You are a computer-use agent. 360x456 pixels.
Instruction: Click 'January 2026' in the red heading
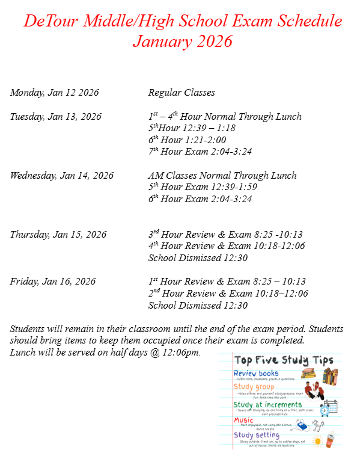point(182,42)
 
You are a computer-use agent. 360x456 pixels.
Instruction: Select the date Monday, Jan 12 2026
point(54,93)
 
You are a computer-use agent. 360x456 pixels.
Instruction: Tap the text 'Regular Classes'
point(182,93)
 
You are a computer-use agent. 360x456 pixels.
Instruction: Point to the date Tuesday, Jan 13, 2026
point(55,116)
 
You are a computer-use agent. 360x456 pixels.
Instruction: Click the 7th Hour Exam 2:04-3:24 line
point(200,151)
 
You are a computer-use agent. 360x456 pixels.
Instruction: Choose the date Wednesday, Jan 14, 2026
point(61,176)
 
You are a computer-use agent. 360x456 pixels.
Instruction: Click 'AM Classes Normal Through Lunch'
point(222,176)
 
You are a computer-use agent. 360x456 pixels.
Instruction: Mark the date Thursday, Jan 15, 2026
point(58,235)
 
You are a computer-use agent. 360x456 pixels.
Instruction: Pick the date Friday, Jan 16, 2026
point(52,282)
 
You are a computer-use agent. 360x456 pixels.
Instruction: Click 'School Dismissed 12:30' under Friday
point(198,305)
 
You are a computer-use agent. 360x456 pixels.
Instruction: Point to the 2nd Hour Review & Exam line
point(228,294)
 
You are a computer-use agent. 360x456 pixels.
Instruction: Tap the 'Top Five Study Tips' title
point(284,360)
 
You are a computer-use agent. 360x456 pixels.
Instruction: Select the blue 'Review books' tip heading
point(256,374)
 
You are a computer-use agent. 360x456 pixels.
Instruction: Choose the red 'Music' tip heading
point(243,420)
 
